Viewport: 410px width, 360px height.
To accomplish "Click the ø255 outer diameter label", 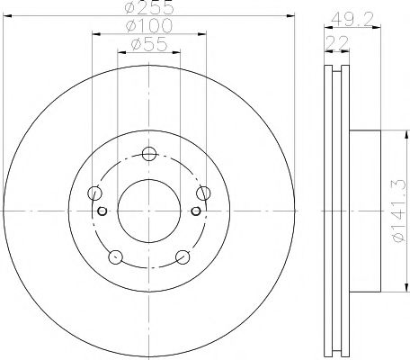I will point(149,9).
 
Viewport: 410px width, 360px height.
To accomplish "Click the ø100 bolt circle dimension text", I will point(149,27).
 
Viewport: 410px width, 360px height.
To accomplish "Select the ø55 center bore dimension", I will point(149,44).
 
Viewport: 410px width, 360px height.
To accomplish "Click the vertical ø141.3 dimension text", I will point(394,209).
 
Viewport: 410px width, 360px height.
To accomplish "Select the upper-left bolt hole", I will point(94,191).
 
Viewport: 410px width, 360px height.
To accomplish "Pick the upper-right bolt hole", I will point(204,191).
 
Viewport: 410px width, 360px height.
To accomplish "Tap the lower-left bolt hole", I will point(115,256).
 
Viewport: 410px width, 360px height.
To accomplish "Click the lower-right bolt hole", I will point(183,256).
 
